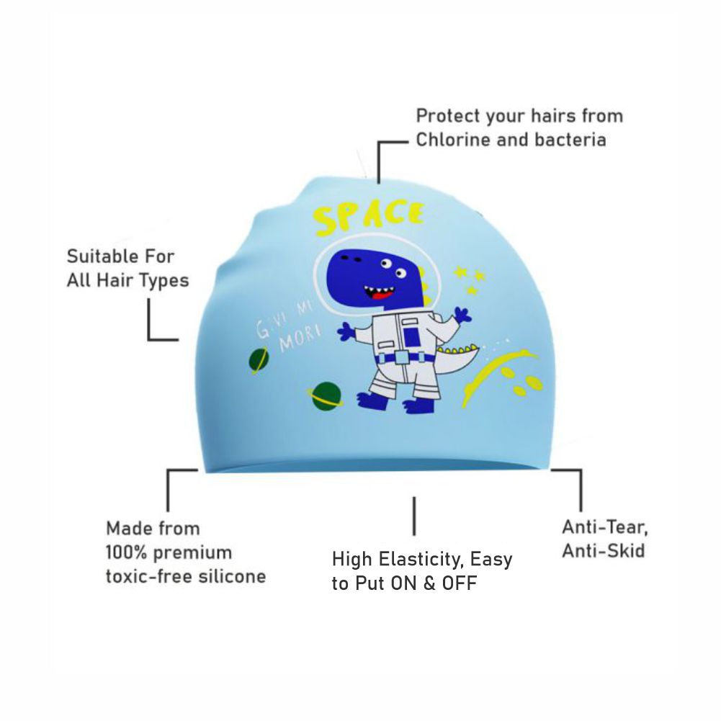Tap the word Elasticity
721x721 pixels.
tap(421, 559)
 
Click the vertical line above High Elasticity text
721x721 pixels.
tap(414, 516)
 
